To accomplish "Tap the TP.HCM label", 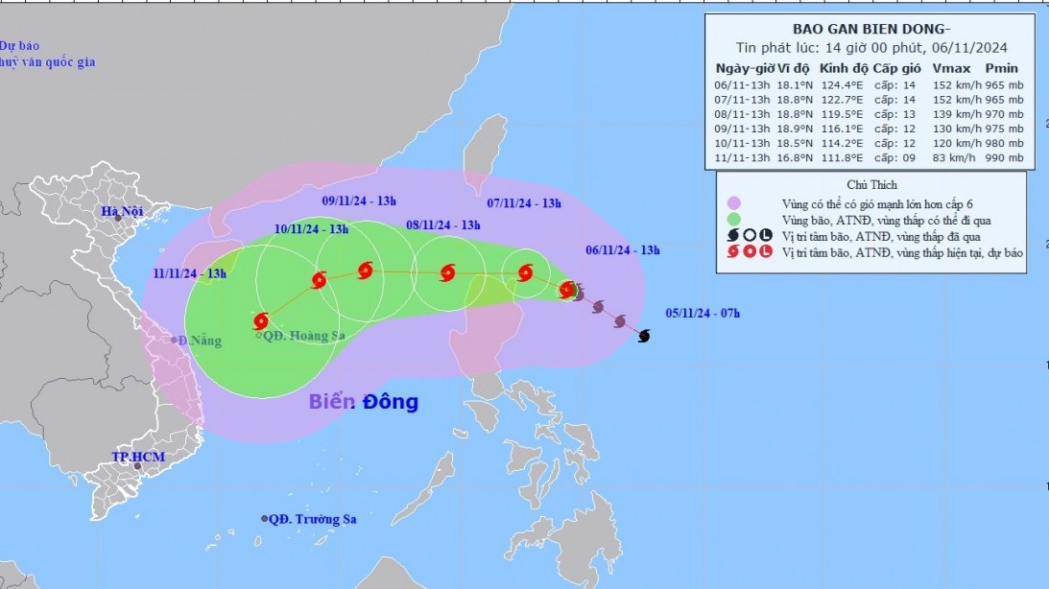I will (x=134, y=457).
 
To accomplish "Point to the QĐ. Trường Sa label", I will (x=312, y=519).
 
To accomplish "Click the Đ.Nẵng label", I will (x=201, y=340).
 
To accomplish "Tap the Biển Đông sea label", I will (x=363, y=402).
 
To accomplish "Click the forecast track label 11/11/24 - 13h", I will (x=189, y=273).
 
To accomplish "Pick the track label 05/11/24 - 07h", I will (x=703, y=313).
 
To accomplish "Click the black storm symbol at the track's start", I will (x=644, y=335).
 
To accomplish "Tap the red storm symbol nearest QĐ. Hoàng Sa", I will (x=261, y=321).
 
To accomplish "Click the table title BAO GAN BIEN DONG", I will (x=871, y=28).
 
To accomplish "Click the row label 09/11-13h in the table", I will (x=743, y=129).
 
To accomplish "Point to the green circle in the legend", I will (x=735, y=221).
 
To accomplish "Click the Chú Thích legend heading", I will (x=871, y=184).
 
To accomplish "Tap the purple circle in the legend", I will (x=735, y=203).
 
